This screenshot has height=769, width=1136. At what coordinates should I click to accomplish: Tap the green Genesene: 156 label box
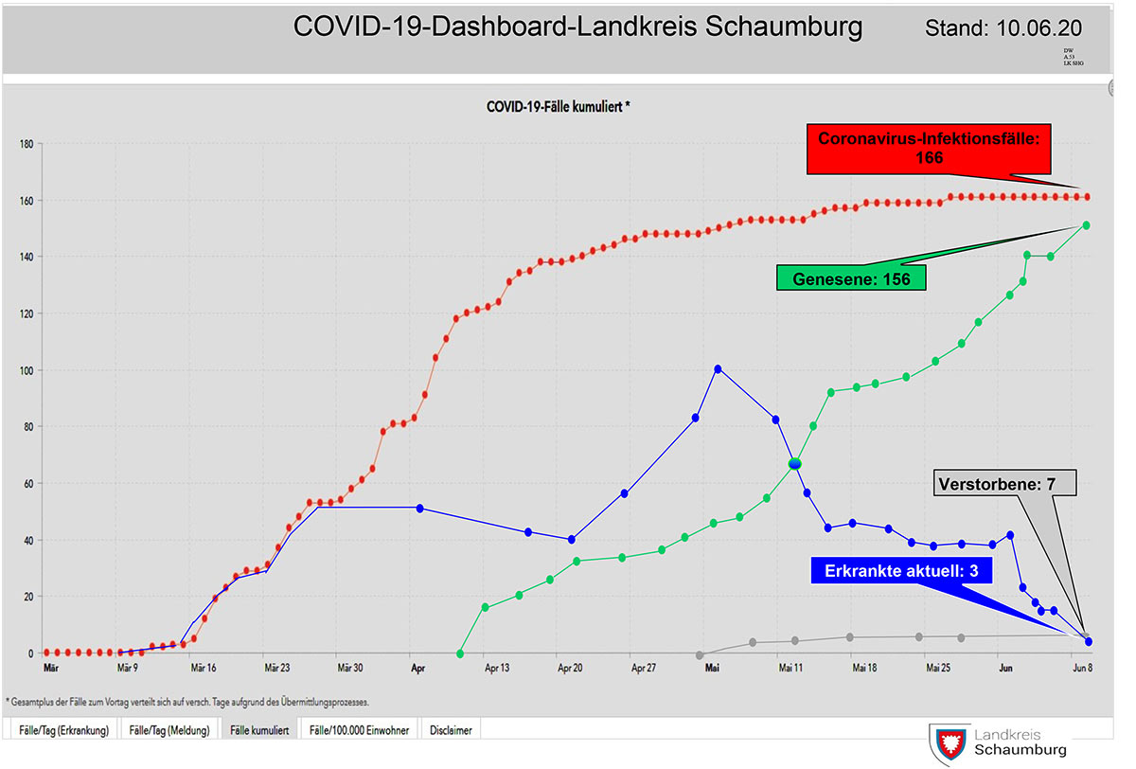click(x=850, y=277)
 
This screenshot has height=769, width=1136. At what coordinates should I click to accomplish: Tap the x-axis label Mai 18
click(x=863, y=668)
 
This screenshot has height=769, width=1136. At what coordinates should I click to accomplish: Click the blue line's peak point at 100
click(x=718, y=369)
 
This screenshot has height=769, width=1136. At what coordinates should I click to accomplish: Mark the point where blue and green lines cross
click(x=795, y=463)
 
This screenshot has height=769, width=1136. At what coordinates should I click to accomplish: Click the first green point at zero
click(x=460, y=653)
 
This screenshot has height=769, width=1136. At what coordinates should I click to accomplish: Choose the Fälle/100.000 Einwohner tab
click(x=361, y=730)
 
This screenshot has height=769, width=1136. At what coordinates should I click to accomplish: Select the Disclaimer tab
click(x=452, y=730)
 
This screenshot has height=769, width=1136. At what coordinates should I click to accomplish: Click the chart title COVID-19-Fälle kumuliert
click(x=558, y=107)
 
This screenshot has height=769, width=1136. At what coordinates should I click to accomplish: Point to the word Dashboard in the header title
click(x=500, y=27)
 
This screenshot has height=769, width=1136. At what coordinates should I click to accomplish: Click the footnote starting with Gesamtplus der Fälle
click(x=186, y=703)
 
